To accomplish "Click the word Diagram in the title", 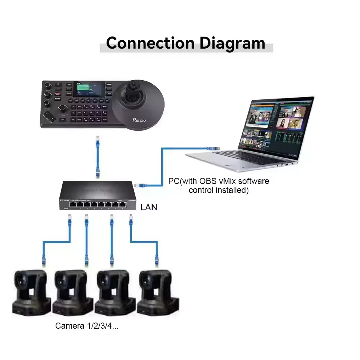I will tap(232, 43).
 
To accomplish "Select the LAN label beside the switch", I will tap(149, 208).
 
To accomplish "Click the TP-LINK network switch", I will tap(96, 196).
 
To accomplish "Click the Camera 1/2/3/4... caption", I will tap(87, 327).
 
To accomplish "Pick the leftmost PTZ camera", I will tap(31, 291).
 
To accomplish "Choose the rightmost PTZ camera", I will tap(158, 292).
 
